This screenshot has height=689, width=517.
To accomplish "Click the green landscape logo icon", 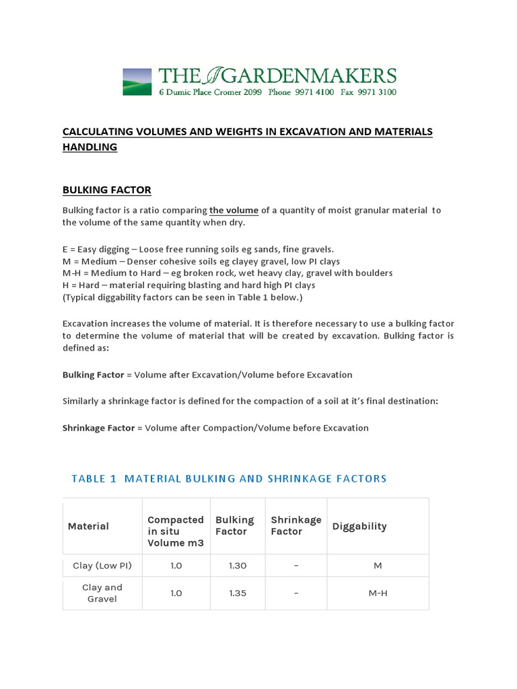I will tap(137, 81).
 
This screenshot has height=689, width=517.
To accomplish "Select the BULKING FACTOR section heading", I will tap(106, 190).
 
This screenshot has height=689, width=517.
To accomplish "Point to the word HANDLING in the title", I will tap(90, 147).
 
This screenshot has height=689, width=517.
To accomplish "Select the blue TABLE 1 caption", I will tap(229, 478).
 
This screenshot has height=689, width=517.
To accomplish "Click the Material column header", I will tap(88, 526).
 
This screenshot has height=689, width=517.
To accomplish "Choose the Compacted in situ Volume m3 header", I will tap(176, 531).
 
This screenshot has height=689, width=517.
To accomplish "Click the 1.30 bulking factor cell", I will tap(238, 566).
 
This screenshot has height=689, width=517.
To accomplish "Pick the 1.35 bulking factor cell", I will tap(238, 593).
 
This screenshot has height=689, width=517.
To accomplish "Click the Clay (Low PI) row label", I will tap(102, 566).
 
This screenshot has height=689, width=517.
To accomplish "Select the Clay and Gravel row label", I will tap(102, 593).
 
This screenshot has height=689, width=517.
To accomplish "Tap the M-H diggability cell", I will tap(378, 593).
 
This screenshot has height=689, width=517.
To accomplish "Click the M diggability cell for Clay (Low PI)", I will tap(378, 566).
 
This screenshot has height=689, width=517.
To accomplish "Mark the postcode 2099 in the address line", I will tap(250, 92).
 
